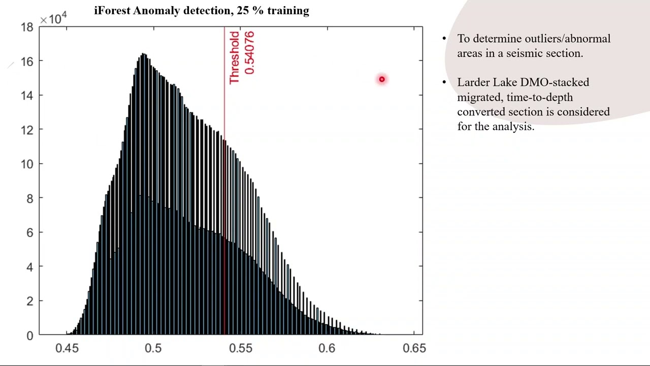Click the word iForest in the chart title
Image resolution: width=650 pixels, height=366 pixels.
tap(112, 11)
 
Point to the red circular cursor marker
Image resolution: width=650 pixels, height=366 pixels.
tap(382, 79)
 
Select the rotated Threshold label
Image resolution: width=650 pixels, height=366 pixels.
tap(234, 57)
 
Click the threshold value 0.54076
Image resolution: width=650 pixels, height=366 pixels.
tap(249, 52)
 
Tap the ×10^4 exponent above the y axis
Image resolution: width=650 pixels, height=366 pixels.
tap(53, 19)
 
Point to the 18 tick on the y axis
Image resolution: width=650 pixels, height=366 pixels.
tap(27, 27)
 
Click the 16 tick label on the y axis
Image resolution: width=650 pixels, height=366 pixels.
tap(27, 62)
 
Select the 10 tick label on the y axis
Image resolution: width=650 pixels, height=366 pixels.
tap(27, 164)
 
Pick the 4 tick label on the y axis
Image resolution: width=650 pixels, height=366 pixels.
tap(30, 267)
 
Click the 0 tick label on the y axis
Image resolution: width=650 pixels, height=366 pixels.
tap(30, 335)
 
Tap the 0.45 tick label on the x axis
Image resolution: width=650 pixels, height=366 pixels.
tap(67, 348)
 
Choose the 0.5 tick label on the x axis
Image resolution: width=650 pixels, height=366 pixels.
tap(153, 348)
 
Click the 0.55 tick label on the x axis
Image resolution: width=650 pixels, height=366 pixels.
tap(240, 348)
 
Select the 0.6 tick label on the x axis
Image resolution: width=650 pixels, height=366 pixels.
tap(327, 348)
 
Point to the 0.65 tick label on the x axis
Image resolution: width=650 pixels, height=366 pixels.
tap(414, 348)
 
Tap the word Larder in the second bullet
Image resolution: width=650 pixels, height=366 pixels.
tap(473, 82)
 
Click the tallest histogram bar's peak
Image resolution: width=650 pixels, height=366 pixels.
tap(144, 54)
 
